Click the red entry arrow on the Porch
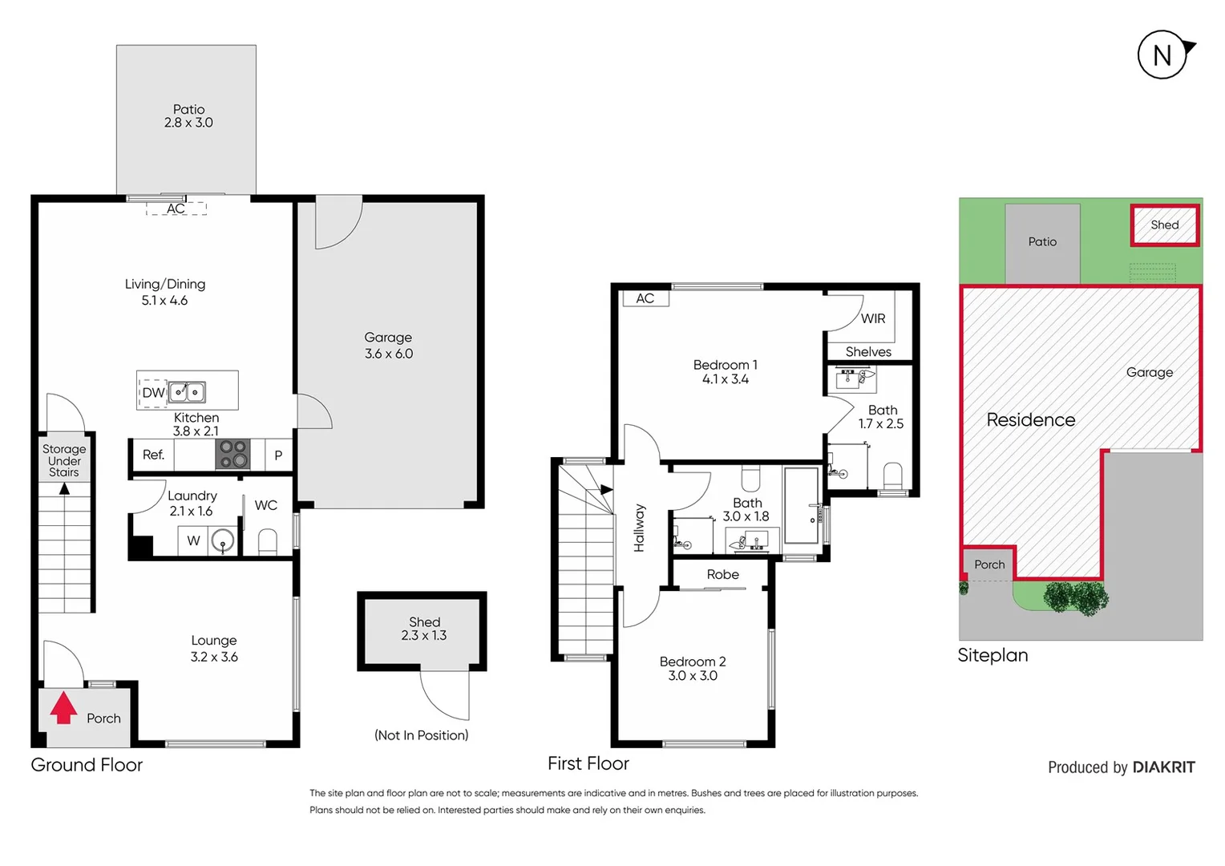[x=63, y=709]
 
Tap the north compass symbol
[x=1162, y=55]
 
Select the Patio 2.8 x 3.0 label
[x=188, y=116]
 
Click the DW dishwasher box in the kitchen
[x=153, y=393]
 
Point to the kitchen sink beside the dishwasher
[x=187, y=392]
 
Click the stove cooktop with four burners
[x=232, y=454]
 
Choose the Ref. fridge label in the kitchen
[x=153, y=455]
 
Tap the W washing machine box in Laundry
[x=193, y=540]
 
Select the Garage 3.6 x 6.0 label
[x=389, y=346]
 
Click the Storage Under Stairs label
[x=64, y=460]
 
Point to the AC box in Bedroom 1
[x=645, y=298]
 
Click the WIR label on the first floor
[x=873, y=318]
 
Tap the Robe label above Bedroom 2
[x=722, y=574]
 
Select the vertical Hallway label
[x=639, y=528]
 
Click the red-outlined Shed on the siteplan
[x=1165, y=225]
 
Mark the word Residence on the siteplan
[x=1030, y=419]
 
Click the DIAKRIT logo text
[x=1163, y=767]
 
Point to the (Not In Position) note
[x=422, y=735]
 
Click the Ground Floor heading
[x=87, y=765]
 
